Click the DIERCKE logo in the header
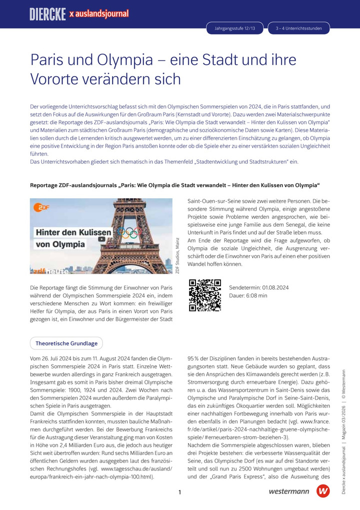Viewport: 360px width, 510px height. pyautogui.click(x=47, y=14)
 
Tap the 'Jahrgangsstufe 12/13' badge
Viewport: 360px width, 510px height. pyautogui.click(x=235, y=29)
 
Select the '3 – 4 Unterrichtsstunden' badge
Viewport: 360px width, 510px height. pyautogui.click(x=298, y=29)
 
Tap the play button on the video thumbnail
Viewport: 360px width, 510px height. pyautogui.click(x=102, y=239)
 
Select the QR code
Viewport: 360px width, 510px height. pyautogui.click(x=205, y=295)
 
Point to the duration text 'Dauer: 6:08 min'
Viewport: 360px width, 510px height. pyautogui.click(x=248, y=296)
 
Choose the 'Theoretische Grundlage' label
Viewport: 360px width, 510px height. pyautogui.click(x=66, y=343)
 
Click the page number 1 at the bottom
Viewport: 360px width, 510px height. pyautogui.click(x=179, y=492)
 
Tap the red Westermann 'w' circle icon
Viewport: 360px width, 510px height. pyautogui.click(x=323, y=491)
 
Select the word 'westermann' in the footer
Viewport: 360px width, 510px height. pyautogui.click(x=288, y=492)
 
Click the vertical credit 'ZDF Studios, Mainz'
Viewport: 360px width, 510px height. pyautogui.click(x=177, y=255)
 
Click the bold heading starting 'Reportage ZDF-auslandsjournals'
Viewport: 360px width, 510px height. pyautogui.click(x=175, y=185)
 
